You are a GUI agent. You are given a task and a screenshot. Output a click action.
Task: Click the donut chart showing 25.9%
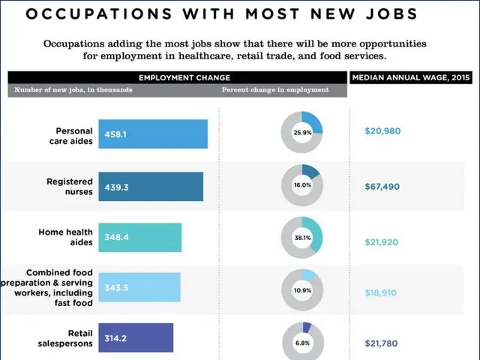[x=302, y=133]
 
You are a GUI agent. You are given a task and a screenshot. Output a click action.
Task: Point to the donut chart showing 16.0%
[x=302, y=184]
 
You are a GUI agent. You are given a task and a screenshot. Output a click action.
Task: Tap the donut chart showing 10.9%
[x=302, y=289]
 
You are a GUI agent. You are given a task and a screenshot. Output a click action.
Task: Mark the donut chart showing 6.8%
[x=302, y=342]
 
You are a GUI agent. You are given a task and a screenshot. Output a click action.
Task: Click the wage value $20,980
[x=382, y=131]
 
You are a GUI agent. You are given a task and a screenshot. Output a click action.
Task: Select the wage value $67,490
[x=382, y=187]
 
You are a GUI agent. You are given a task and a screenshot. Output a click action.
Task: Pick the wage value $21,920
[x=382, y=242]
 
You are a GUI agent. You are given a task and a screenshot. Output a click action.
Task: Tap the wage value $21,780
[x=382, y=343]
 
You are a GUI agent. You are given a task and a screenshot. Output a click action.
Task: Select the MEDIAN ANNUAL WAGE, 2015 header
[x=412, y=78]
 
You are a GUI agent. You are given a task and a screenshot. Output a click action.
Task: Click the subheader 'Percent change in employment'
[x=275, y=90]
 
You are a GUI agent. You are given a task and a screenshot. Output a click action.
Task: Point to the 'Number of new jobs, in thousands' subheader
[x=73, y=90]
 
